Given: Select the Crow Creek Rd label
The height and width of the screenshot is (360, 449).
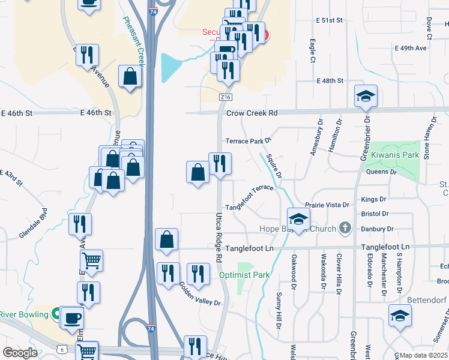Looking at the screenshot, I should [x=252, y=113].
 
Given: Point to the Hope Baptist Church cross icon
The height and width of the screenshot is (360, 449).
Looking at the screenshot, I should [x=344, y=228].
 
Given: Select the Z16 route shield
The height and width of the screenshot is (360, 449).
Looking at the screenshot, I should [x=226, y=97].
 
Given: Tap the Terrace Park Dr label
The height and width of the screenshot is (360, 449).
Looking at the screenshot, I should [x=249, y=141].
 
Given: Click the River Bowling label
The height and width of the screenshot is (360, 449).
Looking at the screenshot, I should [x=23, y=314].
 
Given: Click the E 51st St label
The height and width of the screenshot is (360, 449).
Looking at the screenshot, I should [x=329, y=20].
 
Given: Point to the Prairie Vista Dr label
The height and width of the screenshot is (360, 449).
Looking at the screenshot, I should [x=327, y=205].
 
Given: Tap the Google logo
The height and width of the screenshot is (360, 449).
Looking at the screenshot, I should [x=20, y=353].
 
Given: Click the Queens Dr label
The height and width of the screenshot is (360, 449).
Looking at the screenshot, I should [x=381, y=172].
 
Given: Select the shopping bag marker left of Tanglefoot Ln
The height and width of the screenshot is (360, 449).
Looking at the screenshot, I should [x=166, y=239].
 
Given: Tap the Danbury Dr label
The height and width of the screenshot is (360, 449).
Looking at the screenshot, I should [x=377, y=229].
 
